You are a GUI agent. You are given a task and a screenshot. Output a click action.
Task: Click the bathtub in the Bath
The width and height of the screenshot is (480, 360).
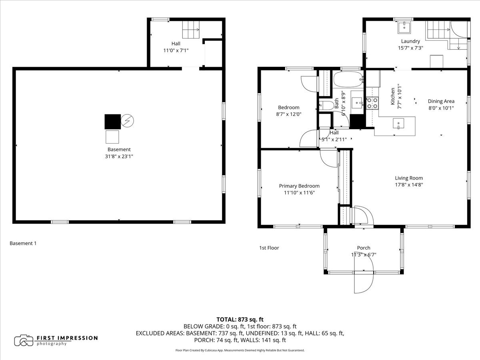point(348,80)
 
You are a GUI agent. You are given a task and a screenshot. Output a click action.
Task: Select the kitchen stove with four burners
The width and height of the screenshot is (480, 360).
point(372,103)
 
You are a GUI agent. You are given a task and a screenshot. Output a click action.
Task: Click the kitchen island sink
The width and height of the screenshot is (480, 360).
point(398,124)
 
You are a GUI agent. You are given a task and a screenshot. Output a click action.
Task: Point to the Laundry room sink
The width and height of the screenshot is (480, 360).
point(404,27)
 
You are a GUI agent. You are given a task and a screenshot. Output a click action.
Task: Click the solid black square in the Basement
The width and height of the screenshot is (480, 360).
point(113,122)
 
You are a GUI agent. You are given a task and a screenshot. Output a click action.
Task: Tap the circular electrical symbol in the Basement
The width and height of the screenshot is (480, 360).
point(127,120)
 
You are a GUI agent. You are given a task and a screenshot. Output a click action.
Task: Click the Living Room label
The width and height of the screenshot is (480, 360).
point(409,178)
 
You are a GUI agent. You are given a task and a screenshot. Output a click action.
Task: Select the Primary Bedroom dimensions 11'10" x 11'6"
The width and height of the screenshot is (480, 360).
point(299,192)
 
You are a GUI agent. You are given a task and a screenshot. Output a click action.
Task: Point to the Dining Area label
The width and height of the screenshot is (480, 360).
point(441,101)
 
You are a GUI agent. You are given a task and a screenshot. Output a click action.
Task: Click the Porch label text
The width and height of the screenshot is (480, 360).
point(364,248)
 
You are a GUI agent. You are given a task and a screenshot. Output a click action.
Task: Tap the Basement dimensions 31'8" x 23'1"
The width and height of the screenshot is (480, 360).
point(119,156)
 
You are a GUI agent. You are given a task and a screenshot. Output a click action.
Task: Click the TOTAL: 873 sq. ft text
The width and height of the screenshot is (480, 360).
point(240,319)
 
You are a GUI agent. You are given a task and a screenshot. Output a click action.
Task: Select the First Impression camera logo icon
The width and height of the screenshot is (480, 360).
point(24,340)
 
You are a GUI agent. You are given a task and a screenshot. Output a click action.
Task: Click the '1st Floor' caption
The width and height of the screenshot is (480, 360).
point(269,248)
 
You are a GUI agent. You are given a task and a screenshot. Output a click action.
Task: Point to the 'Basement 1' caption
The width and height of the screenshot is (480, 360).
point(23,243)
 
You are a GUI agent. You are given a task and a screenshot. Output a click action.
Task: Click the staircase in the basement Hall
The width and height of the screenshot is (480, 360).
point(191,30)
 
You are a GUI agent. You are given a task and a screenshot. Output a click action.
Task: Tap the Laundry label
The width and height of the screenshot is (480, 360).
point(410,41)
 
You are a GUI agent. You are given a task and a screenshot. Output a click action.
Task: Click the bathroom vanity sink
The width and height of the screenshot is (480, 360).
point(357,102)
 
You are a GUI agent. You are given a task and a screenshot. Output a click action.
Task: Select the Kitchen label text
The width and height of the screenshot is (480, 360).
point(393,96)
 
